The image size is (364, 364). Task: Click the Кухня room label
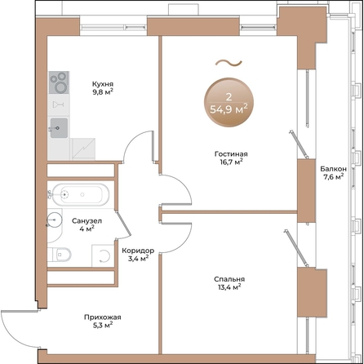coord(103,83)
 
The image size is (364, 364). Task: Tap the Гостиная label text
coord(233,153)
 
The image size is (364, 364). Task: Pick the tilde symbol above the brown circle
coord(227,61)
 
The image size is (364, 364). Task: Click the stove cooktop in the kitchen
coord(58,82)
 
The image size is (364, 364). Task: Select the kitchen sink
coord(58,127)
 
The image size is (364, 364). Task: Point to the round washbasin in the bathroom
coord(53,220)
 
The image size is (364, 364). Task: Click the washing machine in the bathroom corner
coord(104,254)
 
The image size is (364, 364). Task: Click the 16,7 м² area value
coord(233,162)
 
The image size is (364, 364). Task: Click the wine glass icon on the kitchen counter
coord(57,104)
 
